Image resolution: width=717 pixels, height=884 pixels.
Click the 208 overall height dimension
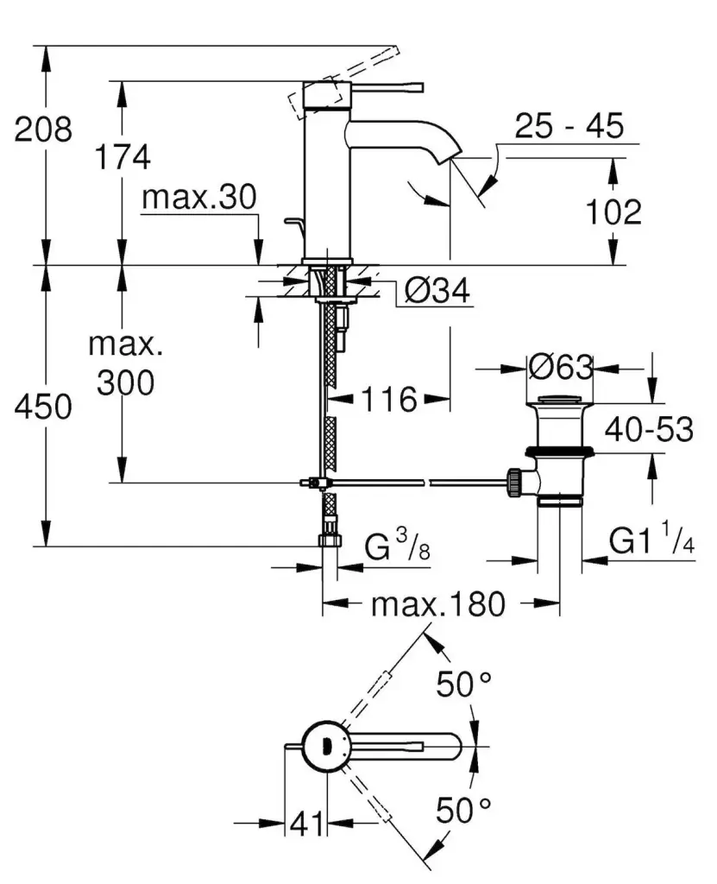click(43, 129)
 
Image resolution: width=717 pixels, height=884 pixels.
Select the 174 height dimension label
click(123, 157)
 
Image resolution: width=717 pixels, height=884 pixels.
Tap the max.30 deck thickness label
click(199, 198)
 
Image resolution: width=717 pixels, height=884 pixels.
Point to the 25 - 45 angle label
click(569, 126)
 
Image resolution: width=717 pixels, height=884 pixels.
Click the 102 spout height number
click(613, 212)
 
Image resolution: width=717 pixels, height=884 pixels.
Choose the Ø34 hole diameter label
click(437, 292)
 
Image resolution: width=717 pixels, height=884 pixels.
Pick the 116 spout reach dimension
click(389, 400)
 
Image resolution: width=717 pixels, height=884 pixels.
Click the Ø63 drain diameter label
click(561, 368)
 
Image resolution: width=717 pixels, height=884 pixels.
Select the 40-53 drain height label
click(649, 430)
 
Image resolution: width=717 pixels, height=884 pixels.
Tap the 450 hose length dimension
click(43, 407)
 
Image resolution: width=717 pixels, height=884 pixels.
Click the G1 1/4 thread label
click(651, 539)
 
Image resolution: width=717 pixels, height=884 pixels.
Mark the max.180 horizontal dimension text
click(438, 604)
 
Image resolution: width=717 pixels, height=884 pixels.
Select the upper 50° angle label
click(463, 685)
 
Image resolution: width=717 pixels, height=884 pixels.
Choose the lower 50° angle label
click(463, 810)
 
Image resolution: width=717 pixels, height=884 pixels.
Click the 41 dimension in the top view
click(307, 824)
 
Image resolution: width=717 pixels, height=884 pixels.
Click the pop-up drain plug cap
click(560, 401)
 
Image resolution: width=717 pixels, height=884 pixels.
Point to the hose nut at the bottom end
click(330, 540)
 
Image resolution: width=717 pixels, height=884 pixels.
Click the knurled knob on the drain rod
click(514, 482)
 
